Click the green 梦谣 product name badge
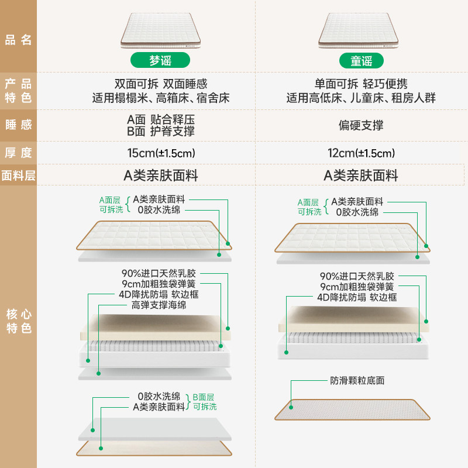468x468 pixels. point(160,60)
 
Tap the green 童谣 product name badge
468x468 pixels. point(360,60)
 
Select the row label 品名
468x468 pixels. point(18,40)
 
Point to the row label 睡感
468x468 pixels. point(18,125)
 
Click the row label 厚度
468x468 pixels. point(18,153)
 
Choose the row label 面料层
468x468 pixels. point(18,175)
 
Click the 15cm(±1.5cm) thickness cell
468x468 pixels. point(160,153)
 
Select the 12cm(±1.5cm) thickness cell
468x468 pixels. point(360,153)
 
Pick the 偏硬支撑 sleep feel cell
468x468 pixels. point(360,125)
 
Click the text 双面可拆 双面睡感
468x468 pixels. point(160,84)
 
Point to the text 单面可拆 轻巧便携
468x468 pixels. point(360,84)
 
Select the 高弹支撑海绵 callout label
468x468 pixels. point(159,305)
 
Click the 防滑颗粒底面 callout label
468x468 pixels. point(356,380)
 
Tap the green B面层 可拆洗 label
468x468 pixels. point(204,401)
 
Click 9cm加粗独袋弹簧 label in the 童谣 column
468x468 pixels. point(357,287)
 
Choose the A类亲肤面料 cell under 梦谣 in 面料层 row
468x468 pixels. point(160,175)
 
